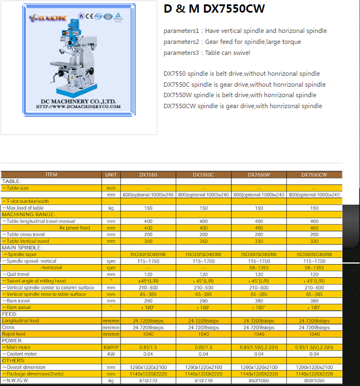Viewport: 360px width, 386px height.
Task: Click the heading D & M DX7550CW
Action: (214, 9)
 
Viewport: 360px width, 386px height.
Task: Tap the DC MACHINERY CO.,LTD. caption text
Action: (79, 101)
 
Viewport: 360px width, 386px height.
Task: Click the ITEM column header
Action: (51, 175)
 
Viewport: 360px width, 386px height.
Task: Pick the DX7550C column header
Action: (203, 175)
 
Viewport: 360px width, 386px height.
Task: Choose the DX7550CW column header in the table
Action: (314, 175)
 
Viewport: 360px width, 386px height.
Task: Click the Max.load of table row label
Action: (24, 208)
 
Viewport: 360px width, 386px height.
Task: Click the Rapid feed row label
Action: (14, 334)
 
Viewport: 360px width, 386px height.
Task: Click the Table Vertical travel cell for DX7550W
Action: (259, 241)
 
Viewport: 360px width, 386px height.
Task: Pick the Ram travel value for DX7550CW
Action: (314, 301)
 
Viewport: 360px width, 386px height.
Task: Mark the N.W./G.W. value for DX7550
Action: (148, 380)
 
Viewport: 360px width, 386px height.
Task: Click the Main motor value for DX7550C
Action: (203, 347)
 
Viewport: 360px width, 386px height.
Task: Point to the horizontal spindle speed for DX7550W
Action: (259, 267)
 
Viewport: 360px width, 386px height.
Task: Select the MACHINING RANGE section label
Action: (29, 214)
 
